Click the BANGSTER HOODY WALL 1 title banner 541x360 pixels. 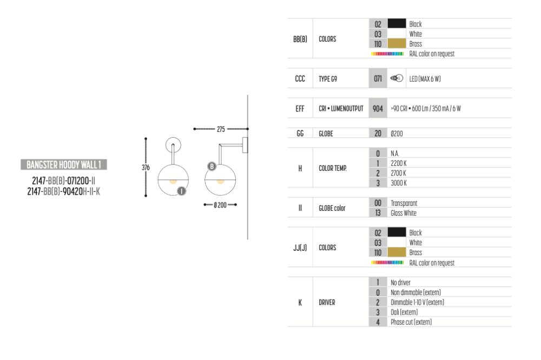[x=64, y=164]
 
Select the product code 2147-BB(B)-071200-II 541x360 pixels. [x=63, y=181]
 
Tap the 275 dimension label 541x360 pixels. [x=221, y=129]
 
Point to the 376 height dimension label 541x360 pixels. [x=146, y=168]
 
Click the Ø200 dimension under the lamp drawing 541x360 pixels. [x=220, y=205]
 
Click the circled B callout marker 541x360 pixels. [x=212, y=166]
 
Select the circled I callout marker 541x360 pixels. [x=181, y=191]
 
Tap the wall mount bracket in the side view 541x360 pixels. [x=245, y=145]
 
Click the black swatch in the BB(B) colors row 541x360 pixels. [x=397, y=23]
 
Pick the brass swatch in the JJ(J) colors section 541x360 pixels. [x=397, y=252]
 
